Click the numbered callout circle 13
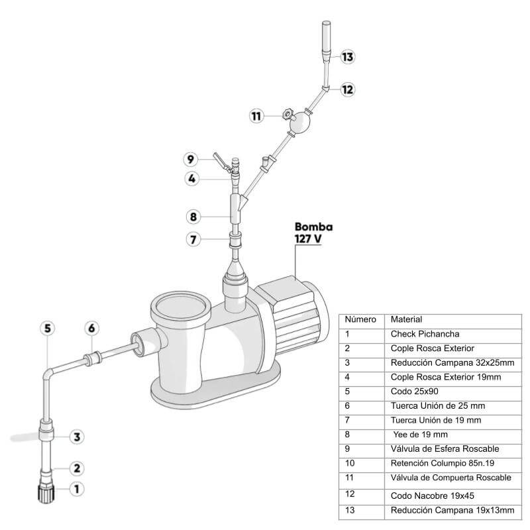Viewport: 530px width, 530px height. pyautogui.click(x=348, y=56)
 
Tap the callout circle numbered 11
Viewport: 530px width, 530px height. pyautogui.click(x=256, y=116)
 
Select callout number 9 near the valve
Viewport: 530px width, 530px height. pyautogui.click(x=191, y=159)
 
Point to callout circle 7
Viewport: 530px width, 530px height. pyautogui.click(x=193, y=239)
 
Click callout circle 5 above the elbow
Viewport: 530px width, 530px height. pyautogui.click(x=48, y=328)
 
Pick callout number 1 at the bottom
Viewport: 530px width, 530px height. pyautogui.click(x=78, y=490)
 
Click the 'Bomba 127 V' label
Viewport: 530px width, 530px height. pyautogui.click(x=313, y=232)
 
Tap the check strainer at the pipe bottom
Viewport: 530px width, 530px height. pyautogui.click(x=46, y=491)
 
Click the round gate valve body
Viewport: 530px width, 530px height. pyautogui.click(x=301, y=121)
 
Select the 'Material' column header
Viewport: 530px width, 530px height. pyautogui.click(x=407, y=319)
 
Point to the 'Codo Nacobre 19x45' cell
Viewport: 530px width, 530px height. pyautogui.click(x=431, y=495)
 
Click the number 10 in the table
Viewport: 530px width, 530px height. pyautogui.click(x=350, y=463)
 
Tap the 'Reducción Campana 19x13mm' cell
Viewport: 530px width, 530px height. pyautogui.click(x=452, y=510)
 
